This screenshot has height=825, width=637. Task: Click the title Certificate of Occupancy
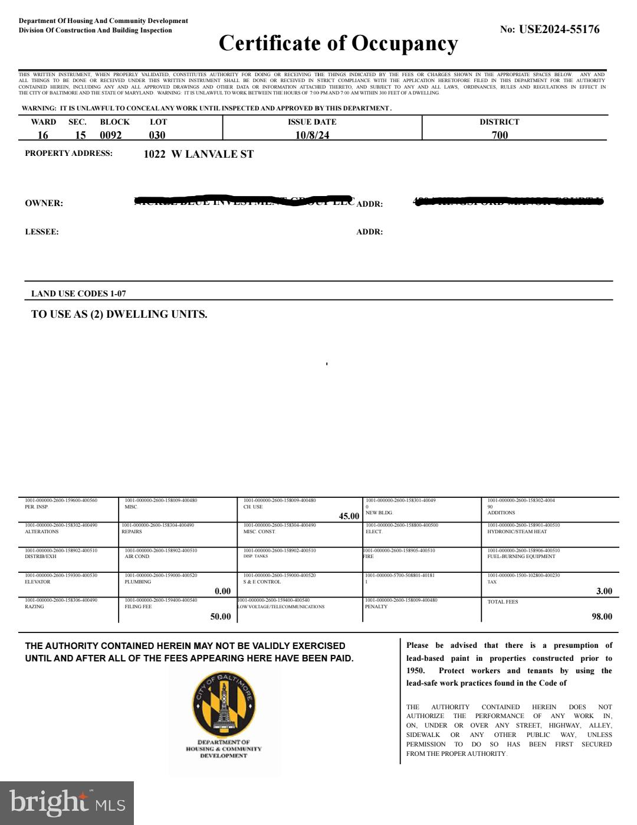point(338,43)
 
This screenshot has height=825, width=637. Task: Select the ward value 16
point(43,135)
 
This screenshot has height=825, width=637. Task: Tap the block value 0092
point(111,135)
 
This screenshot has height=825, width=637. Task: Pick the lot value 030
point(157,135)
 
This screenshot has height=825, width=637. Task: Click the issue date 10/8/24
point(312,135)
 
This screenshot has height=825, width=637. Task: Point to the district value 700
point(500,135)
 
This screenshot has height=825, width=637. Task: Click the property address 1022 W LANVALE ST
point(199,154)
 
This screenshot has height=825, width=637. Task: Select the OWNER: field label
point(44,203)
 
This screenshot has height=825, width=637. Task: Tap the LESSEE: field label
point(42,232)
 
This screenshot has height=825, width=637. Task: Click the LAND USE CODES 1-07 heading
point(78,294)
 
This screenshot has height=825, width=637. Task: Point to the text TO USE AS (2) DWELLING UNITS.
point(119,314)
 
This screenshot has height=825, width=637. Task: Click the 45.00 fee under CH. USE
point(349,516)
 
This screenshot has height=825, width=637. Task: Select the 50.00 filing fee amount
point(221,617)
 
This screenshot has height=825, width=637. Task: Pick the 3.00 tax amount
point(604,591)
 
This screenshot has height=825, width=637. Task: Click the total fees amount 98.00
point(602,617)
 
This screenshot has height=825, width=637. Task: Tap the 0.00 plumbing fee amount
point(222,591)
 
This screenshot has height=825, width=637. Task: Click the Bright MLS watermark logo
point(67,803)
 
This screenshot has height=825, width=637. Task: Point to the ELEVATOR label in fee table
point(38,582)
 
